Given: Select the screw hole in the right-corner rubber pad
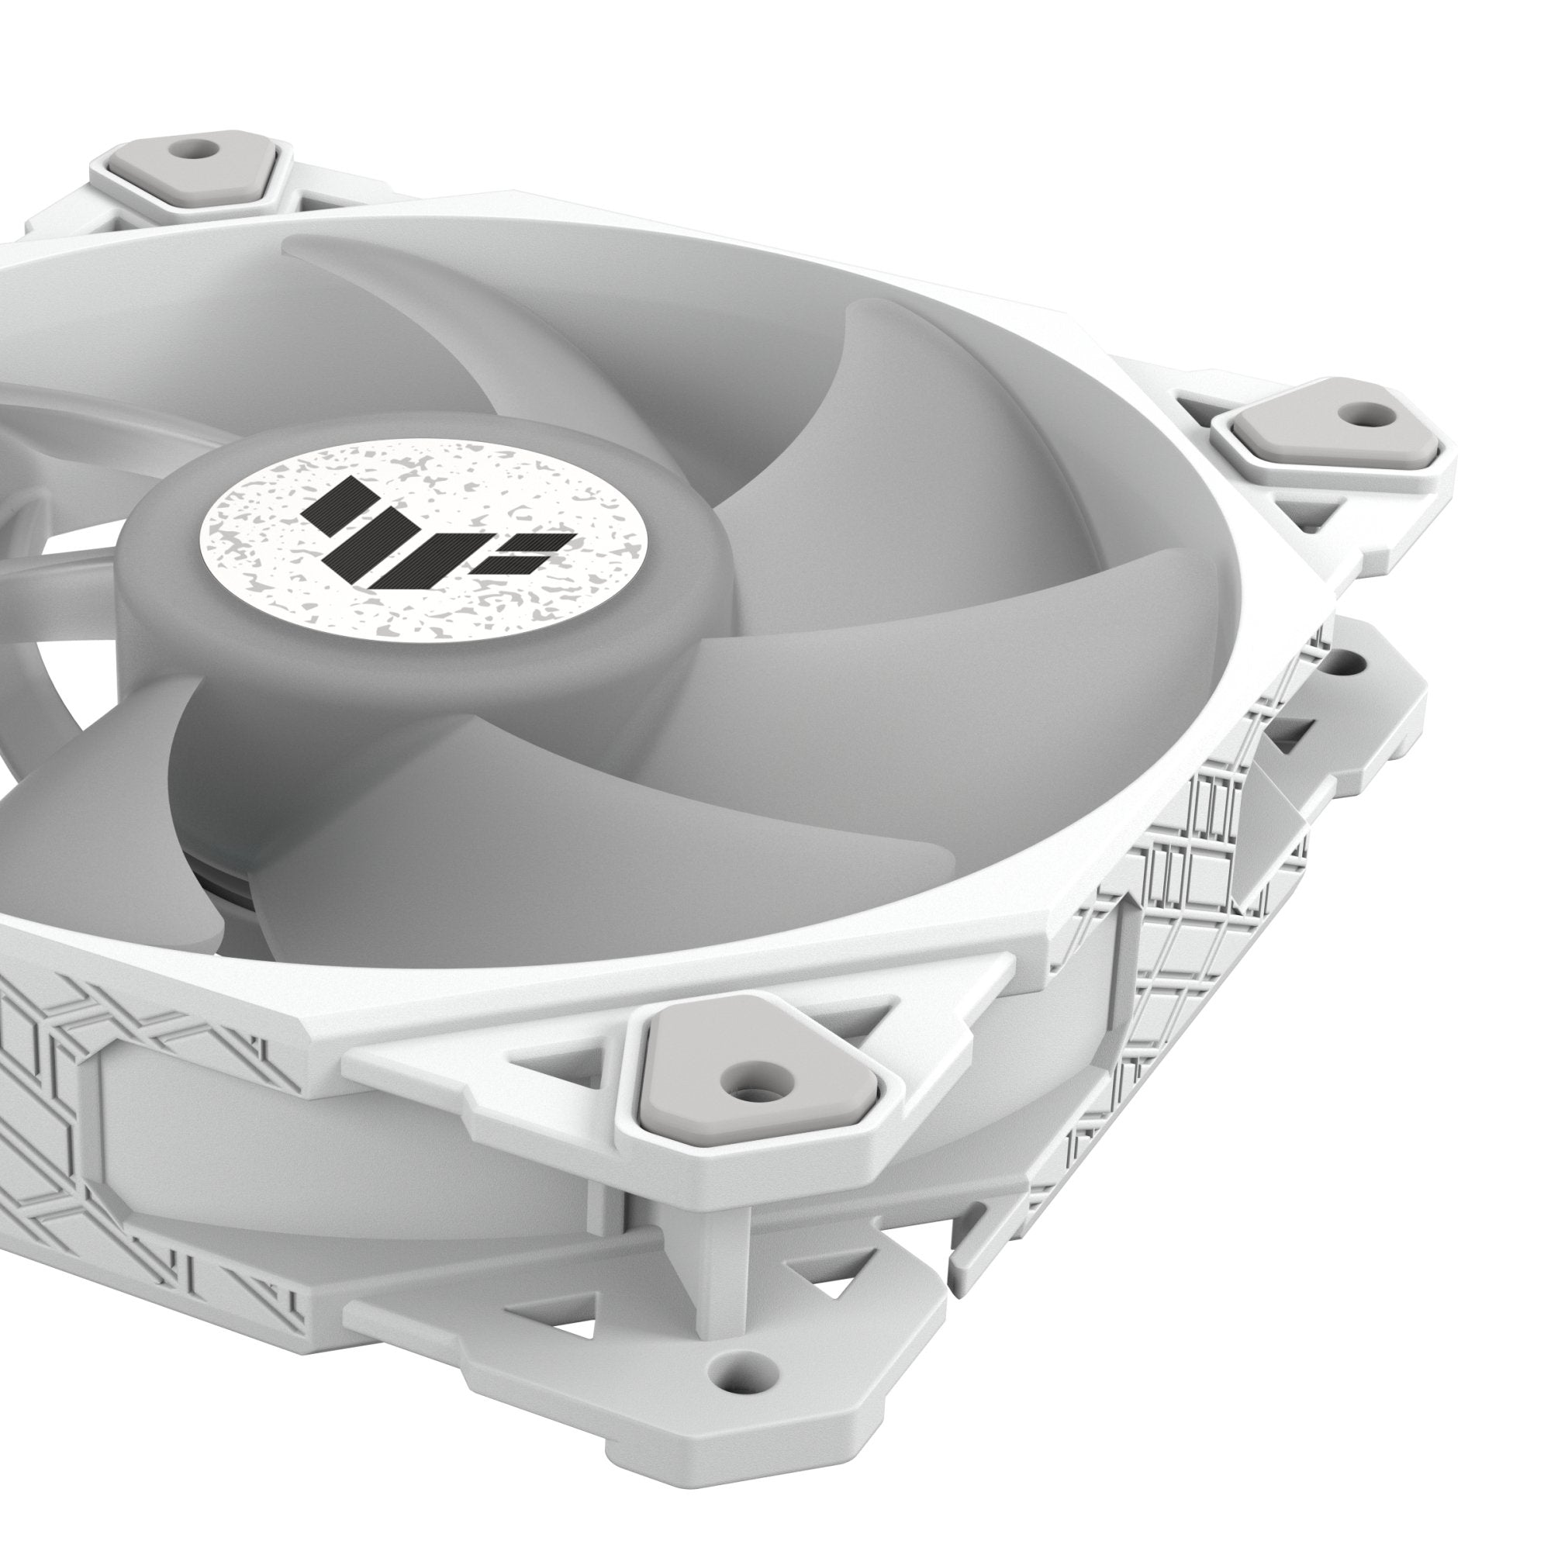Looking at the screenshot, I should pyautogui.click(x=1354, y=415).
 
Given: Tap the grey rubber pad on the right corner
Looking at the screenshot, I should pyautogui.click(x=1301, y=434).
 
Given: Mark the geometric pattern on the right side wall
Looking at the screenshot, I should pyautogui.click(x=1180, y=883).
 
